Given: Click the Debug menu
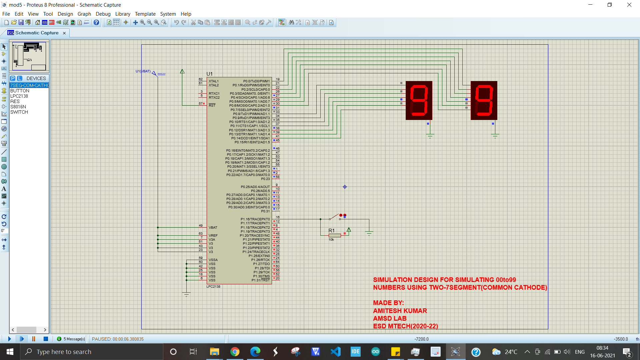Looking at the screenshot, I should click(103, 14).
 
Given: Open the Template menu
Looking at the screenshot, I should click(145, 14).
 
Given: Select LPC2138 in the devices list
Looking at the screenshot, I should click(19, 96).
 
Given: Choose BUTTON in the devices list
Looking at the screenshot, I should click(20, 91).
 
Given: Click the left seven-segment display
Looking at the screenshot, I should click(419, 100).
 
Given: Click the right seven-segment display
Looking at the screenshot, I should click(484, 100).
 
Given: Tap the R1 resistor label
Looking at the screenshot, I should click(331, 231).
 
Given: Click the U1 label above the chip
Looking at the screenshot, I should click(209, 74).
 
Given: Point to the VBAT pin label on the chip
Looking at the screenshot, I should click(213, 228).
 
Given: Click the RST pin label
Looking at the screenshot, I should click(212, 105).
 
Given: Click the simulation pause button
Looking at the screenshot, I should click(34, 339).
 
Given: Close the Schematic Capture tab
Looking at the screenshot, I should click(64, 33).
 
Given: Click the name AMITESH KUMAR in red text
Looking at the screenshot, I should click(400, 311).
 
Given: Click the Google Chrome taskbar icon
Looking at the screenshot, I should click(235, 352).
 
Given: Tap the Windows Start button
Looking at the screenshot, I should click(10, 352).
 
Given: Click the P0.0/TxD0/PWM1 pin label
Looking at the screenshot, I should click(256, 81).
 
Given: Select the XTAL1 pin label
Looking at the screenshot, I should click(213, 81).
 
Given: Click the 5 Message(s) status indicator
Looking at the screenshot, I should click(71, 339).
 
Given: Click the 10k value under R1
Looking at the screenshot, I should click(331, 240).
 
